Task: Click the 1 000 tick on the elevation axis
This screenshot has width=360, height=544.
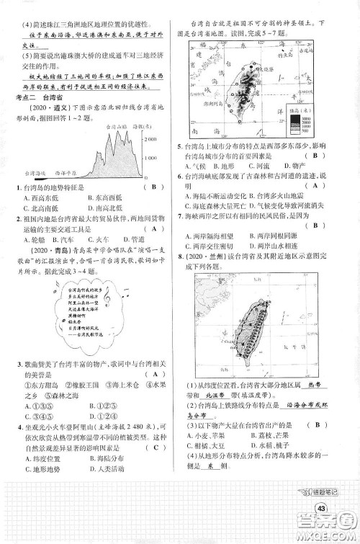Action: coord(153,156)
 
